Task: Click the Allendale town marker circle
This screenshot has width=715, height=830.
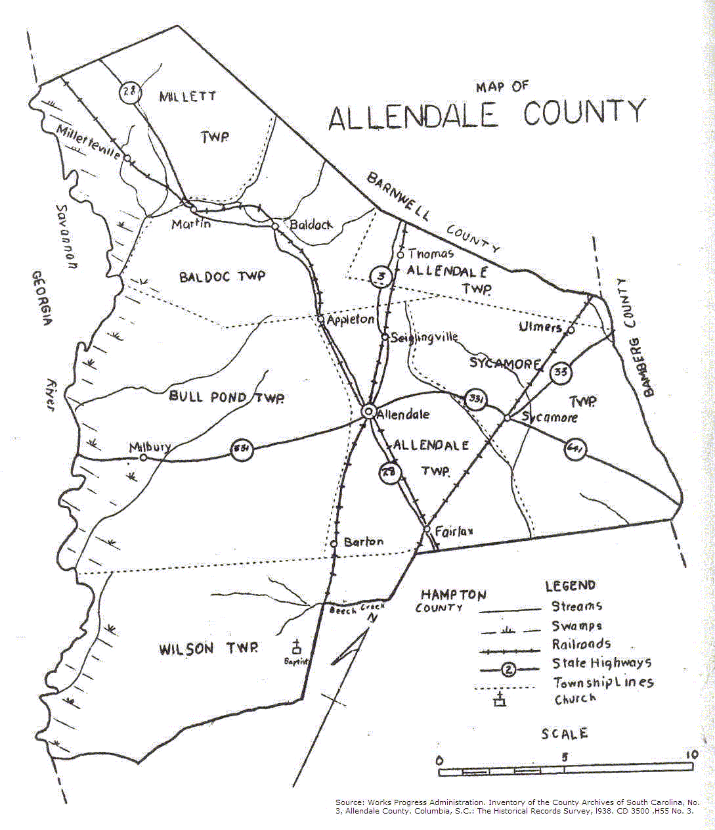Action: click(368, 411)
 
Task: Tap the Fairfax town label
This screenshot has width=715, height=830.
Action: click(454, 531)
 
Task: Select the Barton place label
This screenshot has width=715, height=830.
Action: click(363, 542)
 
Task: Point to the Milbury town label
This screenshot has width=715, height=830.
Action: click(150, 448)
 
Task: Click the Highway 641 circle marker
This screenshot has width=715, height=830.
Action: click(575, 450)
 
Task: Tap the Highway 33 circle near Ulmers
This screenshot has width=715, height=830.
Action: click(560, 373)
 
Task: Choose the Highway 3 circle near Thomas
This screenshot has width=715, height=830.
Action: click(381, 277)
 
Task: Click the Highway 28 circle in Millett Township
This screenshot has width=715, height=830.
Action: click(130, 91)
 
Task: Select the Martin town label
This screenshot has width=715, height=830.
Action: click(191, 224)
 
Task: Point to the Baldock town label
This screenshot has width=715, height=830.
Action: click(311, 225)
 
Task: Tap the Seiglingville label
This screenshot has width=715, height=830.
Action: click(424, 338)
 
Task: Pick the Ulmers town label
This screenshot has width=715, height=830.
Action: click(540, 327)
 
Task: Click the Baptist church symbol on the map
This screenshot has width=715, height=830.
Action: click(297, 647)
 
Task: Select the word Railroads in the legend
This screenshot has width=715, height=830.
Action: click(581, 644)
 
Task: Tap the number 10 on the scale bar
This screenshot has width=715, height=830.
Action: click(691, 755)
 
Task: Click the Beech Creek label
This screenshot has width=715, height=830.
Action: click(356, 609)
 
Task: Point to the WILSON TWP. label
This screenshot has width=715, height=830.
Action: click(208, 649)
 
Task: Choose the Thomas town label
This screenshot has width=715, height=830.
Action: click(431, 254)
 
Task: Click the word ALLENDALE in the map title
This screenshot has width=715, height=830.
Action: click(413, 116)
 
